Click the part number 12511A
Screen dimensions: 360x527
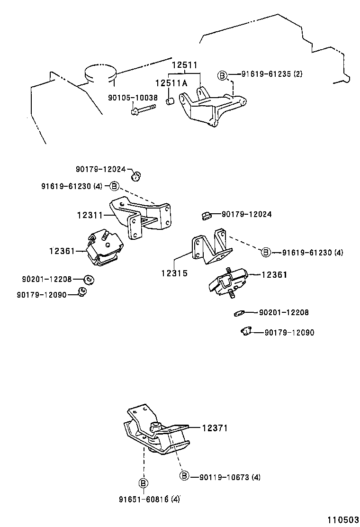tap(171, 83)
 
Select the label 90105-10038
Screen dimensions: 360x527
tap(133, 98)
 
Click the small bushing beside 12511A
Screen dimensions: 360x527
tap(170, 101)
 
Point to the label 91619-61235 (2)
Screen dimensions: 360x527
tap(272, 74)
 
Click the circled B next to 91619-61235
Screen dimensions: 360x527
tap(222, 76)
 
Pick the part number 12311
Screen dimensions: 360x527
tap(90, 215)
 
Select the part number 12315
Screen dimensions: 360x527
tap(174, 273)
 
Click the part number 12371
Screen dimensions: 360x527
tap(215, 428)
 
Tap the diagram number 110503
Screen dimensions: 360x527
tap(343, 519)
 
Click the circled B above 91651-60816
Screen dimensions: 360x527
tap(144, 483)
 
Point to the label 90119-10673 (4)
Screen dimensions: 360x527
tap(230, 477)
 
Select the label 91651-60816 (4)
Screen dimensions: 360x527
tap(149, 500)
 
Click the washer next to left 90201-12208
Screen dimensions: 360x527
tap(89, 279)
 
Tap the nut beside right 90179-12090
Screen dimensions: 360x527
tap(246, 331)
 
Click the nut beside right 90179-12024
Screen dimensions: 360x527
tap(206, 214)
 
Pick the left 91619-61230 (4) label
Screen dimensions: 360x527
tap(72, 186)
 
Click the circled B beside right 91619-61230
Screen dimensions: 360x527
tap(266, 252)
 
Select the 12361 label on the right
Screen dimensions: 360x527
tap(274, 274)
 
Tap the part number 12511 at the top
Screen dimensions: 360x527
tap(185, 65)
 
